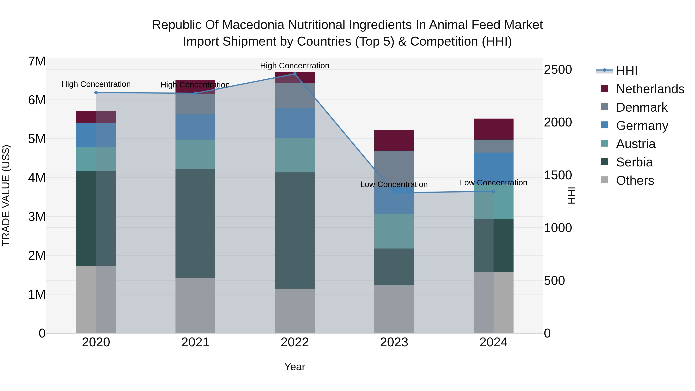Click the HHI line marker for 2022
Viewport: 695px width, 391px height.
(295, 74)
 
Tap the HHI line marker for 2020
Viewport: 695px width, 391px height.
(96, 92)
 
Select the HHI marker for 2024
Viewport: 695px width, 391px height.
(493, 191)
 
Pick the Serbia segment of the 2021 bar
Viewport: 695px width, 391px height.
(195, 223)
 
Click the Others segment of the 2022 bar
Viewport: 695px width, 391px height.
(295, 311)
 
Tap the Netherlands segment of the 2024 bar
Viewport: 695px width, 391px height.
(493, 129)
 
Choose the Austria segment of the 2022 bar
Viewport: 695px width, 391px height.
(295, 155)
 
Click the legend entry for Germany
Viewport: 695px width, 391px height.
(642, 126)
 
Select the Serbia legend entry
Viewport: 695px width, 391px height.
(634, 162)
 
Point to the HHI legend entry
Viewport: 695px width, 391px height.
(626, 71)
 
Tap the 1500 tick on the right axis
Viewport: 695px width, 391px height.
(558, 175)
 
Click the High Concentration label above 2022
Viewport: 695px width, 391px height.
(295, 66)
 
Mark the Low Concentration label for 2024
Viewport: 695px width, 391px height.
(493, 183)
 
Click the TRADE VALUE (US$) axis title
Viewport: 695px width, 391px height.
(6, 195)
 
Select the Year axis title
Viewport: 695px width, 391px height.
(295, 367)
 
